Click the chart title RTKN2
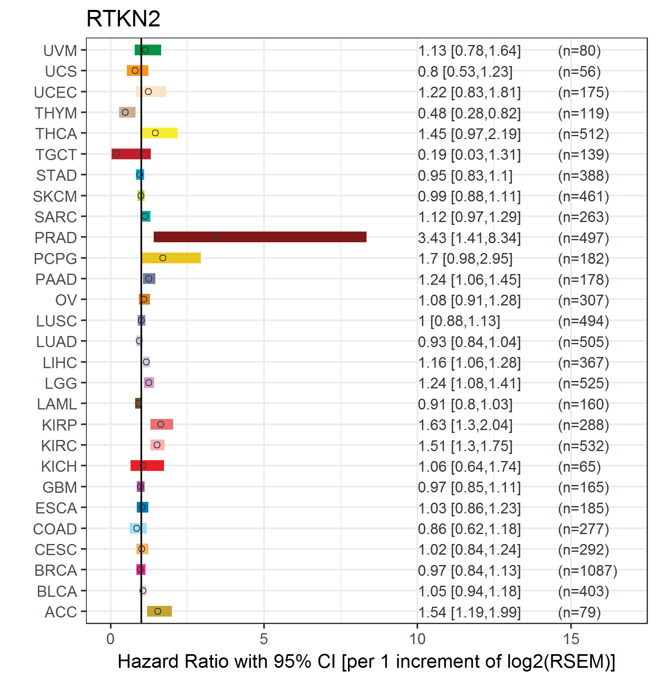[123, 19]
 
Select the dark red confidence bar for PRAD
[260, 237]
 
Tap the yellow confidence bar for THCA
[159, 133]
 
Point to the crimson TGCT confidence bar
[131, 154]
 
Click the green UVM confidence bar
[148, 50]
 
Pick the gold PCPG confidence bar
[171, 258]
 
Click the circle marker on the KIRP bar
[161, 424]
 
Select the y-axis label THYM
[56, 113]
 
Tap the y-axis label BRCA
[56, 570]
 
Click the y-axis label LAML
[57, 404]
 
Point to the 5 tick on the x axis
[264, 639]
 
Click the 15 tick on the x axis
[571, 639]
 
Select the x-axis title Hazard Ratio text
[366, 661]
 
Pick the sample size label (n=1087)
[588, 570]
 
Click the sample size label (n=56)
[579, 72]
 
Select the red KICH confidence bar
[147, 466]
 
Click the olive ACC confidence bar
[159, 611]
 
